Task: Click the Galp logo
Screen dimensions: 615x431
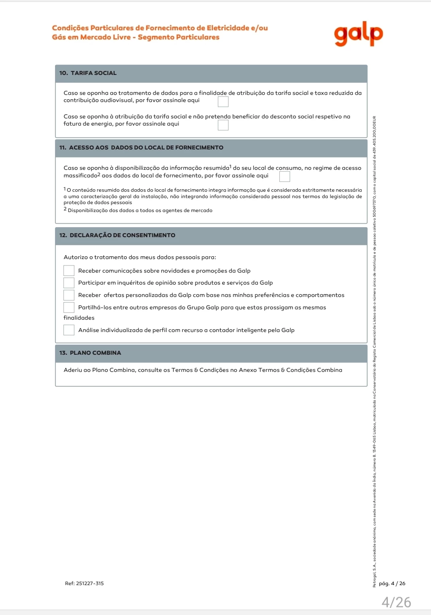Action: click(358, 34)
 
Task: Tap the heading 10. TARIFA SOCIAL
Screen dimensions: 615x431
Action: click(88, 73)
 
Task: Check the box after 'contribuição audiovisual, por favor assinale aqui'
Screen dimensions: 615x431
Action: click(223, 102)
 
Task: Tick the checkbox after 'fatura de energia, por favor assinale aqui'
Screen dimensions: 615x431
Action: click(223, 125)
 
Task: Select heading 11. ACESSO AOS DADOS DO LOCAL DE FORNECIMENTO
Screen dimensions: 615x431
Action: click(141, 147)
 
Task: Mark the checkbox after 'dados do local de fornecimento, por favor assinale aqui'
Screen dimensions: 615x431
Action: click(285, 176)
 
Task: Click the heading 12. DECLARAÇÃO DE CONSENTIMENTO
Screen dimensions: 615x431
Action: click(117, 235)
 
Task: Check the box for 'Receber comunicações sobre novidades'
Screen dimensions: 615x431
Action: click(69, 271)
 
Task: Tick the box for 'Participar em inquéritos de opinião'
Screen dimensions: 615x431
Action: click(69, 283)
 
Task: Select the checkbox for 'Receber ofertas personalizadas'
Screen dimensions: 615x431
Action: click(69, 295)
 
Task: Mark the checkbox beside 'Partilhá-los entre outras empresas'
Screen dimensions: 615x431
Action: click(69, 307)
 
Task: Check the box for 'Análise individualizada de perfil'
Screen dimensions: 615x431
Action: click(69, 330)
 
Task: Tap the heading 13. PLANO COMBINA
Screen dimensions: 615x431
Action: click(90, 353)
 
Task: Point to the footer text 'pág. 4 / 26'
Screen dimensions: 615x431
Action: click(392, 584)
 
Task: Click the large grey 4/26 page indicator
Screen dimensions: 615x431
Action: click(396, 602)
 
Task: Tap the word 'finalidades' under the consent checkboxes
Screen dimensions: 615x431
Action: click(79, 318)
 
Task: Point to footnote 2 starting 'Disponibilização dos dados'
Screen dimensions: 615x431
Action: click(140, 210)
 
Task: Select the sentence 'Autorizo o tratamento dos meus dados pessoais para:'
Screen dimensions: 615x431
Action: click(140, 257)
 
